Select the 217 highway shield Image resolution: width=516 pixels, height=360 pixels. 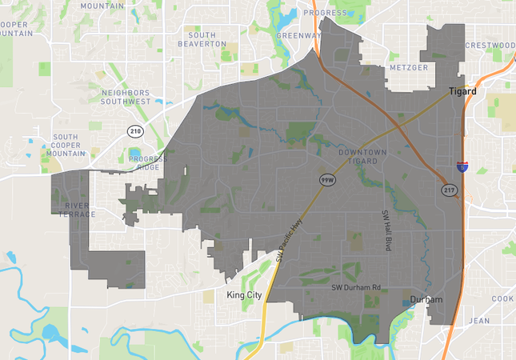click(450, 189)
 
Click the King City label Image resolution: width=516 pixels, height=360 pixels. click(244, 295)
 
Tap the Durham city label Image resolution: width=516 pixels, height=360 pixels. click(425, 301)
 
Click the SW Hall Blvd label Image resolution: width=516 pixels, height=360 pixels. click(386, 230)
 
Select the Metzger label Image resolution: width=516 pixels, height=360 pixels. click(408, 68)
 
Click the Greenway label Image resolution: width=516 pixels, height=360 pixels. click(298, 36)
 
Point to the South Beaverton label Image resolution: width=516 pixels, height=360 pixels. click(207, 39)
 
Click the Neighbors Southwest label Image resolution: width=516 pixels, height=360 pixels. click(126, 98)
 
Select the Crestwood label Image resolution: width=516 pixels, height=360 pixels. click(490, 45)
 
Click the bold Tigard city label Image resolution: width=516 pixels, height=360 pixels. click(462, 91)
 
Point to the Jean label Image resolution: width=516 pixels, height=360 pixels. click(478, 320)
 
